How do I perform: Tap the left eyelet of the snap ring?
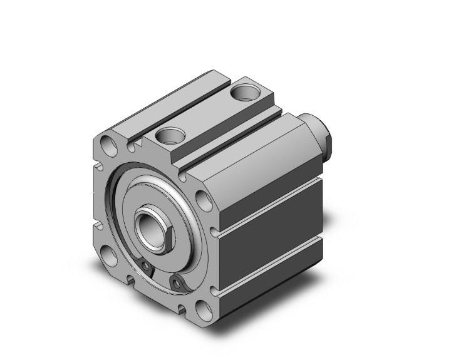click(x=147, y=267)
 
